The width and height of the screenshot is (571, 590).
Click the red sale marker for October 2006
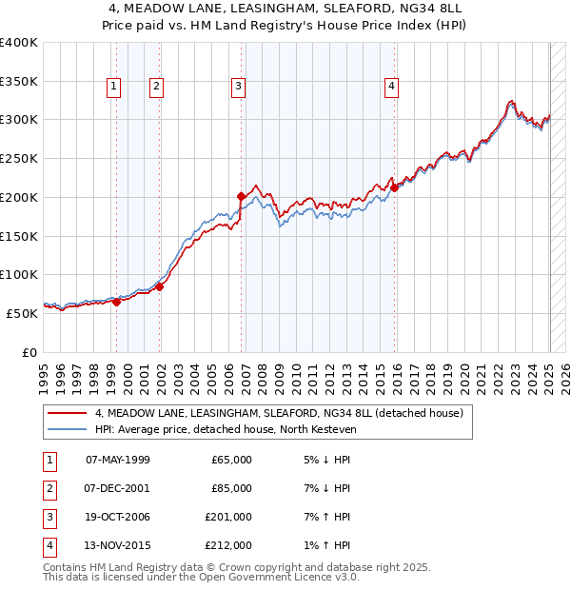click(x=242, y=196)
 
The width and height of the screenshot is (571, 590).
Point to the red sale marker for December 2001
click(x=160, y=286)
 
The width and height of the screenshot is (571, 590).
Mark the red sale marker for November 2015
click(x=395, y=187)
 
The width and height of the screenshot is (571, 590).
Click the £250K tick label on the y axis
click(x=18, y=158)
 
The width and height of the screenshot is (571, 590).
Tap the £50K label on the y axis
click(x=22, y=313)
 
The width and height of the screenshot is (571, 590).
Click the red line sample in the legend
click(x=68, y=413)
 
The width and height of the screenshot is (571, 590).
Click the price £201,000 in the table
click(x=228, y=519)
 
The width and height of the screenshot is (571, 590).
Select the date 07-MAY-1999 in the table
click(x=117, y=460)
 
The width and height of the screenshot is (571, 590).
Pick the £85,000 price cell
click(x=231, y=489)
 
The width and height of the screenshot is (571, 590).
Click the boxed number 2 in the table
click(x=49, y=489)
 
